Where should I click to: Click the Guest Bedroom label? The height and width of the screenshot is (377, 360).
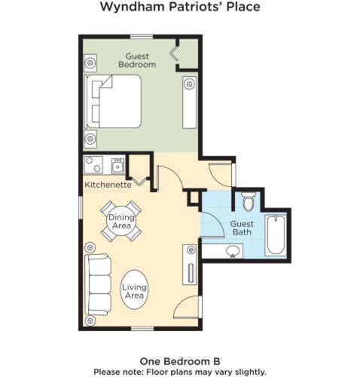click(x=137, y=60)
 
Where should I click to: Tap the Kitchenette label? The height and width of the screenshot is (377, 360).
click(x=108, y=185)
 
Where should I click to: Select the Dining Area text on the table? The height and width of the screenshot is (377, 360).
click(x=121, y=221)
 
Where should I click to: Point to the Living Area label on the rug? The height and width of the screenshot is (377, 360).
click(x=134, y=291)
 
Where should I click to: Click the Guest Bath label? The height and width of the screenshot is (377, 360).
click(x=242, y=228)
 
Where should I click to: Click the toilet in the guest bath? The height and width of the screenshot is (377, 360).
click(x=249, y=201)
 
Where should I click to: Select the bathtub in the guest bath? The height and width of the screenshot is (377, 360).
click(x=276, y=235)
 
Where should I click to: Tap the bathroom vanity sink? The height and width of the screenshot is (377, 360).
click(x=233, y=251)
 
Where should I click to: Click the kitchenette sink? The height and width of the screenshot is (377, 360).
click(x=117, y=166)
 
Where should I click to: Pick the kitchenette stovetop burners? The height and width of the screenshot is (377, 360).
click(x=93, y=165)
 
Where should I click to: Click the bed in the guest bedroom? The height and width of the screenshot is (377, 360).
click(x=113, y=101)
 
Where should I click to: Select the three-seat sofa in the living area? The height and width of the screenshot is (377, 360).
click(x=98, y=284)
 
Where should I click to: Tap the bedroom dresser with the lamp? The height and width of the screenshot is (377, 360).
click(x=190, y=103)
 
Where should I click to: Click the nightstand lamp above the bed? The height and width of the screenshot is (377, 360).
click(x=90, y=63)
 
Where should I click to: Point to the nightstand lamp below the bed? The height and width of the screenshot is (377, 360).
click(x=90, y=139)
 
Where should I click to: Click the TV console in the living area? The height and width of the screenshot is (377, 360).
click(x=190, y=265)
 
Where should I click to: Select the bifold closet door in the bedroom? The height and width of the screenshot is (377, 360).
click(x=174, y=53)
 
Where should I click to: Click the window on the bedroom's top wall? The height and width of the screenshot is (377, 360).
click(x=142, y=37)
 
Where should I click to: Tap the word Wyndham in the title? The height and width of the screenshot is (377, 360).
click(x=133, y=7)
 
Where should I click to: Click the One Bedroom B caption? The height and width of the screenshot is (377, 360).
click(x=180, y=361)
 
